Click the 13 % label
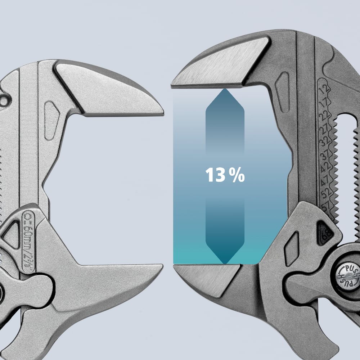(225, 176)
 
